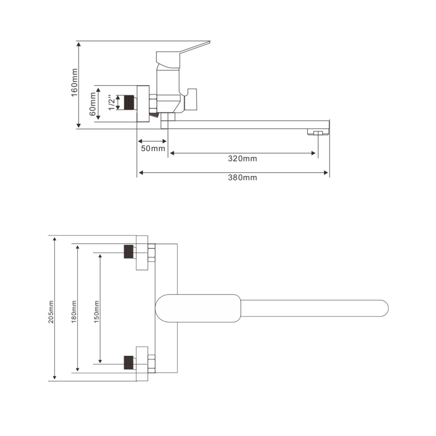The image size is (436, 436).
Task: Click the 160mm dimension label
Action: click(x=74, y=82)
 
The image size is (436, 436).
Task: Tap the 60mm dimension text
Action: click(x=92, y=104)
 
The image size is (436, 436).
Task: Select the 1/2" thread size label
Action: click(x=112, y=102)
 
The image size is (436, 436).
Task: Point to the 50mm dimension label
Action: click(x=153, y=149)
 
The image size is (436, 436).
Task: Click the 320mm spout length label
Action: click(x=242, y=159)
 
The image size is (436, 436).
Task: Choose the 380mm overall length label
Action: click(x=242, y=178)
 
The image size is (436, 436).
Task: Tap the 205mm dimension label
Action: click(x=51, y=312)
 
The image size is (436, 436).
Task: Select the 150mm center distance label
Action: click(x=96, y=312)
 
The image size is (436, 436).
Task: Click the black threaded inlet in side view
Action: click(x=129, y=102)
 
